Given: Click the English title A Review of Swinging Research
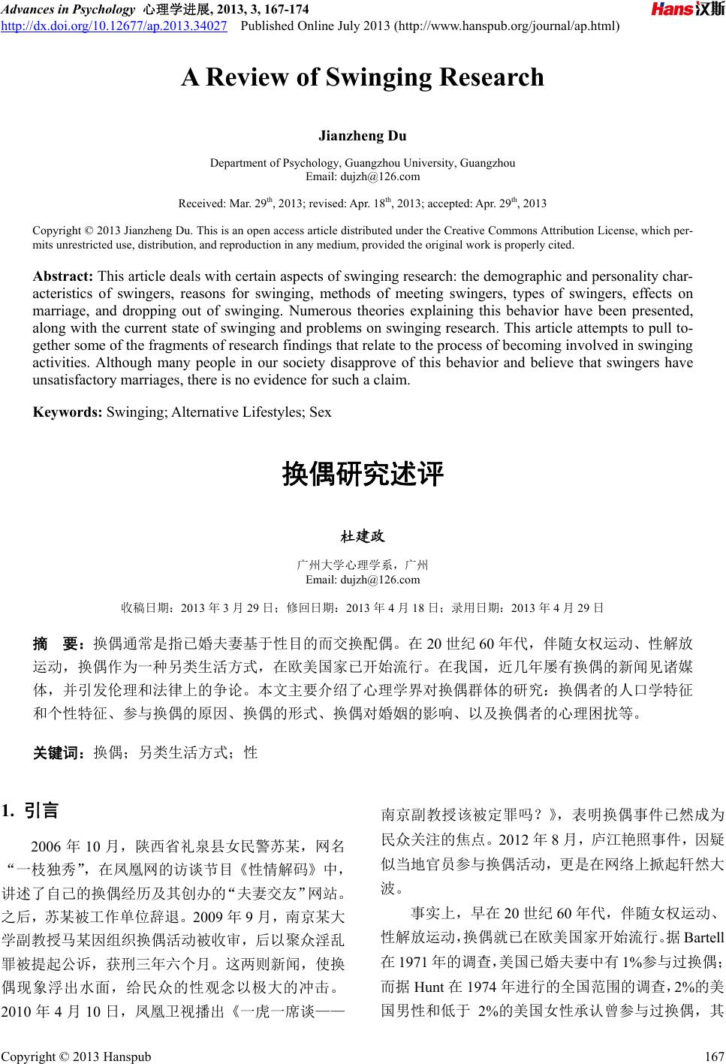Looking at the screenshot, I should point(363,77).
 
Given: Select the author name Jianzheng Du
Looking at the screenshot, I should point(363,136).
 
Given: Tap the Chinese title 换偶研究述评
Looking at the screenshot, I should point(363,475).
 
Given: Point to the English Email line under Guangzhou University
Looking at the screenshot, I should point(363,176).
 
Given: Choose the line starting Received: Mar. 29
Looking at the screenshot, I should point(363,203).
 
